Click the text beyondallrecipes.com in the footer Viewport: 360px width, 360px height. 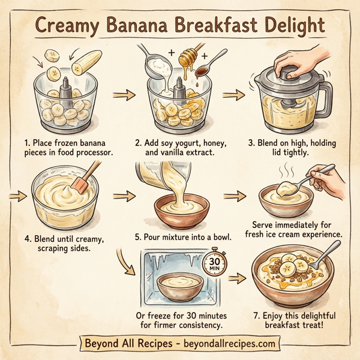pos(227,344)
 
